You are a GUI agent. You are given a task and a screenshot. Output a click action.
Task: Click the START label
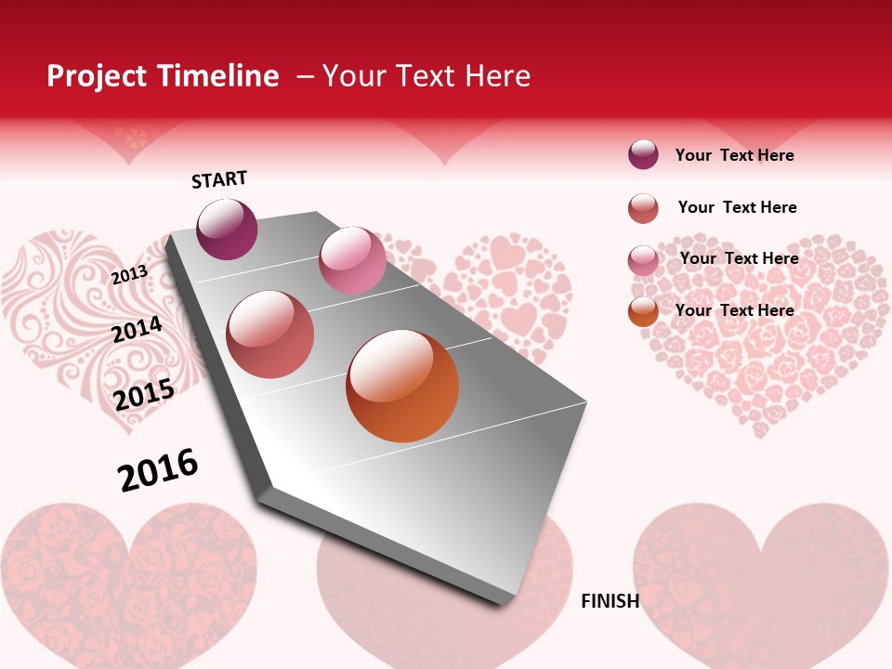(x=219, y=178)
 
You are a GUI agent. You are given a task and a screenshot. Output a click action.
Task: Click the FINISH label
(x=610, y=601)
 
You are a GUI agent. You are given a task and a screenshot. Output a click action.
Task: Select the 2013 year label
(x=129, y=274)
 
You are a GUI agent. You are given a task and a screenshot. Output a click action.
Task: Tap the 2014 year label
(x=137, y=329)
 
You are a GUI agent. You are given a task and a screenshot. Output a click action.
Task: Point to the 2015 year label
(x=143, y=395)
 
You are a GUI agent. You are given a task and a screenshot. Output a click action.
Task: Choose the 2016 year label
(x=158, y=469)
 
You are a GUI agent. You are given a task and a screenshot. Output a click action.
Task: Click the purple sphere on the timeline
(x=227, y=229)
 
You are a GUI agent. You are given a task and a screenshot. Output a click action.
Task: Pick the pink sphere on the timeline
(x=352, y=259)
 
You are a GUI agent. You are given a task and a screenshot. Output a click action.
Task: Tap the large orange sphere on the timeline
(x=402, y=386)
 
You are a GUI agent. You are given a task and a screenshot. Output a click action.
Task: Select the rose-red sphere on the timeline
(x=269, y=334)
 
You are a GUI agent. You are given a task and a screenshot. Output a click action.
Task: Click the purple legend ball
(x=643, y=154)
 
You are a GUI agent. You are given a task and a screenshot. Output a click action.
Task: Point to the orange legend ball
(x=643, y=311)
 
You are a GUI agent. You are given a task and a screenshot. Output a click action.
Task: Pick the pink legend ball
(x=643, y=260)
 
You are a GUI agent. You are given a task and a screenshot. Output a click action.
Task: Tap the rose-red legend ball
(x=643, y=208)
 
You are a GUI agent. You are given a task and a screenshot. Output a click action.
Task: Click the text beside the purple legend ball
(x=734, y=155)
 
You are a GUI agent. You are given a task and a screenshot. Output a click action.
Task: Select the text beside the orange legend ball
(x=734, y=310)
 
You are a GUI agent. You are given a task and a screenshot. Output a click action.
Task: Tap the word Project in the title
(x=96, y=76)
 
